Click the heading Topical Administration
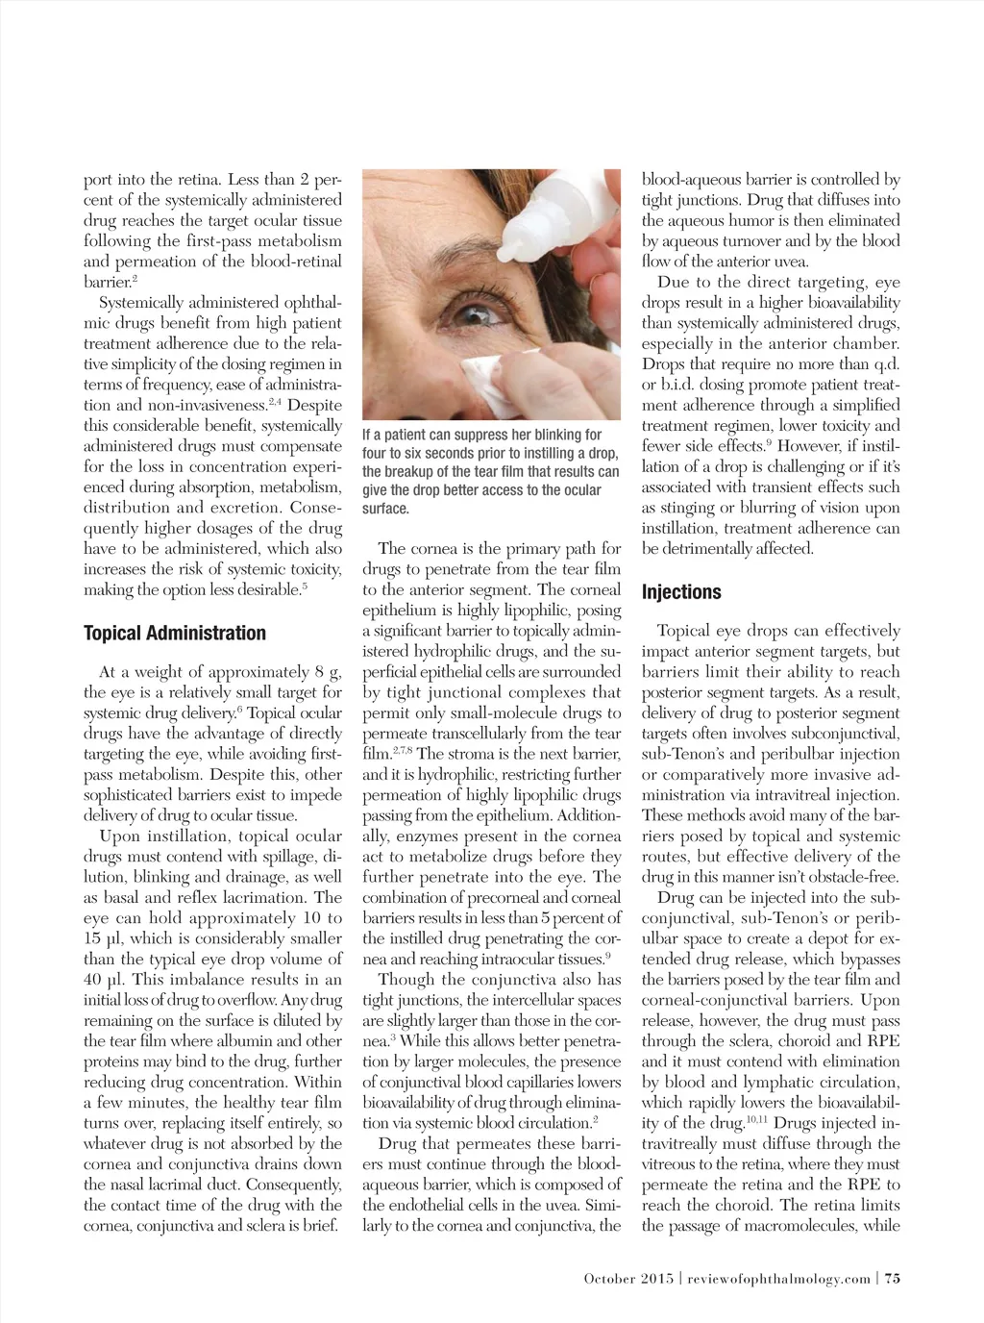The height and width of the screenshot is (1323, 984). tap(175, 634)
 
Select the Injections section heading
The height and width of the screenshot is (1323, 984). tap(681, 592)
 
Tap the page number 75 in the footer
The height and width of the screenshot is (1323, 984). tap(892, 1278)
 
